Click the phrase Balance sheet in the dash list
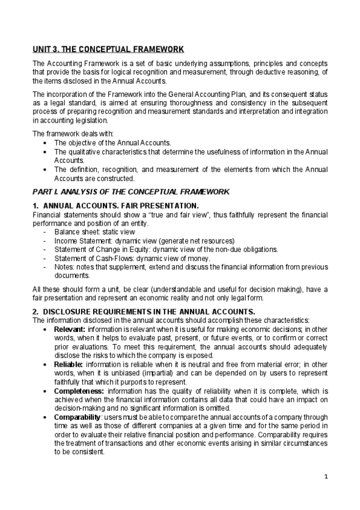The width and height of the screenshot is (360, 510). pyautogui.click(x=76, y=231)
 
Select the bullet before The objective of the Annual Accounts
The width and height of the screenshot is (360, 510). pyautogui.click(x=46, y=143)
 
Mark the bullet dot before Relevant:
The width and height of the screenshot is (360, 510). pyautogui.click(x=46, y=330)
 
